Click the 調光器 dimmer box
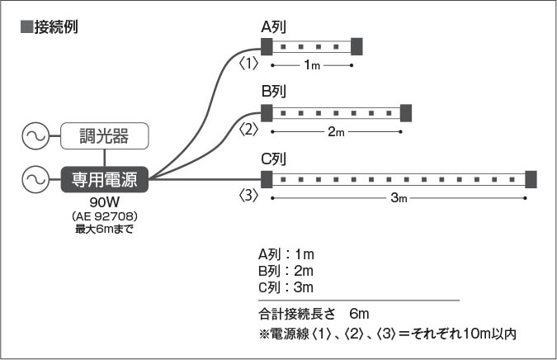coord(105,135)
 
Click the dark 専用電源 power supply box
coord(105,178)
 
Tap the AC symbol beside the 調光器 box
coord(37,135)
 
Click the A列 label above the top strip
coord(273,28)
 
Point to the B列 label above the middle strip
coord(273,92)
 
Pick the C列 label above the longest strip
coord(273,159)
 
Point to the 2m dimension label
coord(336,131)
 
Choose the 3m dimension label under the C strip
coord(399,198)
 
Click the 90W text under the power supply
coord(104,201)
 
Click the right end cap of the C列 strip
coord(531,178)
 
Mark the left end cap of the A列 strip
coord(267,45)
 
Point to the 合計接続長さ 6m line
coord(314,315)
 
